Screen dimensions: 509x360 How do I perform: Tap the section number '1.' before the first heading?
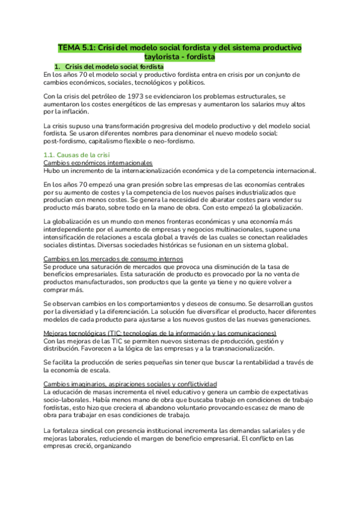(x=58, y=67)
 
